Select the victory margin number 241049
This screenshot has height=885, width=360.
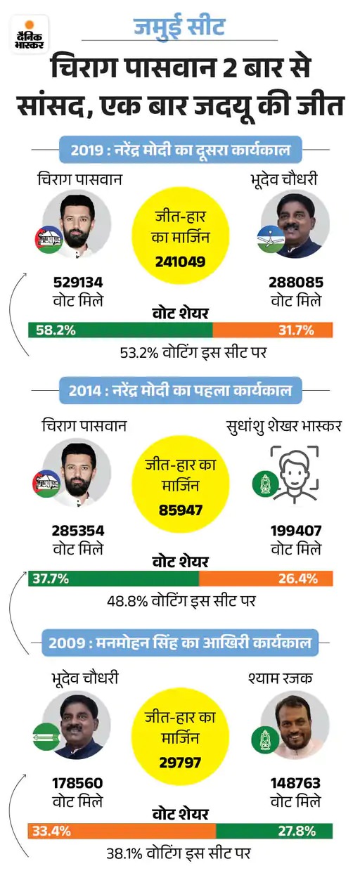(180, 261)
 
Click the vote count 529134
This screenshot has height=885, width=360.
(79, 283)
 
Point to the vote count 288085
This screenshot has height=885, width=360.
(295, 283)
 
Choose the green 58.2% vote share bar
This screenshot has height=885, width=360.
(120, 330)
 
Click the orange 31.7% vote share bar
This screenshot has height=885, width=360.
(272, 330)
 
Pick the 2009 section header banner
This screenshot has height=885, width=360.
(181, 641)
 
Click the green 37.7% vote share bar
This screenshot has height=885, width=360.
(113, 579)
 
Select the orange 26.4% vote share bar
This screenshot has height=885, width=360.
(266, 579)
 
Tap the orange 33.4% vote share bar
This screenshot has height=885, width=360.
(122, 832)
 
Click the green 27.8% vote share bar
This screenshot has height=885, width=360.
(274, 832)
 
